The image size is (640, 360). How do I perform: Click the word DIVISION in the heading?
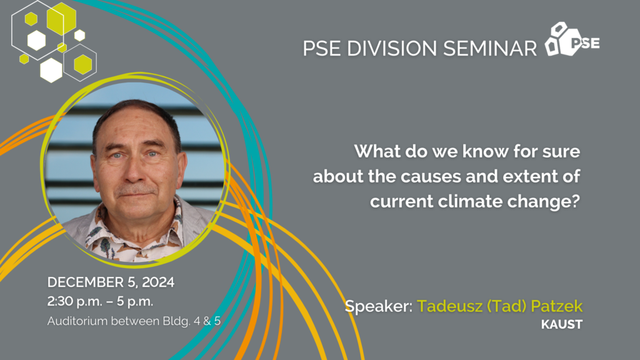tap(391, 48)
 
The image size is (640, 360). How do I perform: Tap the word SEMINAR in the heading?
tap(490, 48)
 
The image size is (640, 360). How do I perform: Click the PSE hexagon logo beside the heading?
tap(572, 39)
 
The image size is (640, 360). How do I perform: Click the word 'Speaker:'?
tap(378, 306)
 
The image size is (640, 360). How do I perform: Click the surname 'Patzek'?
tap(557, 306)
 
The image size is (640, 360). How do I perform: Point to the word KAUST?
tap(562, 324)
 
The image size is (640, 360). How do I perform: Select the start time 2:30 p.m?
tap(74, 302)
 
